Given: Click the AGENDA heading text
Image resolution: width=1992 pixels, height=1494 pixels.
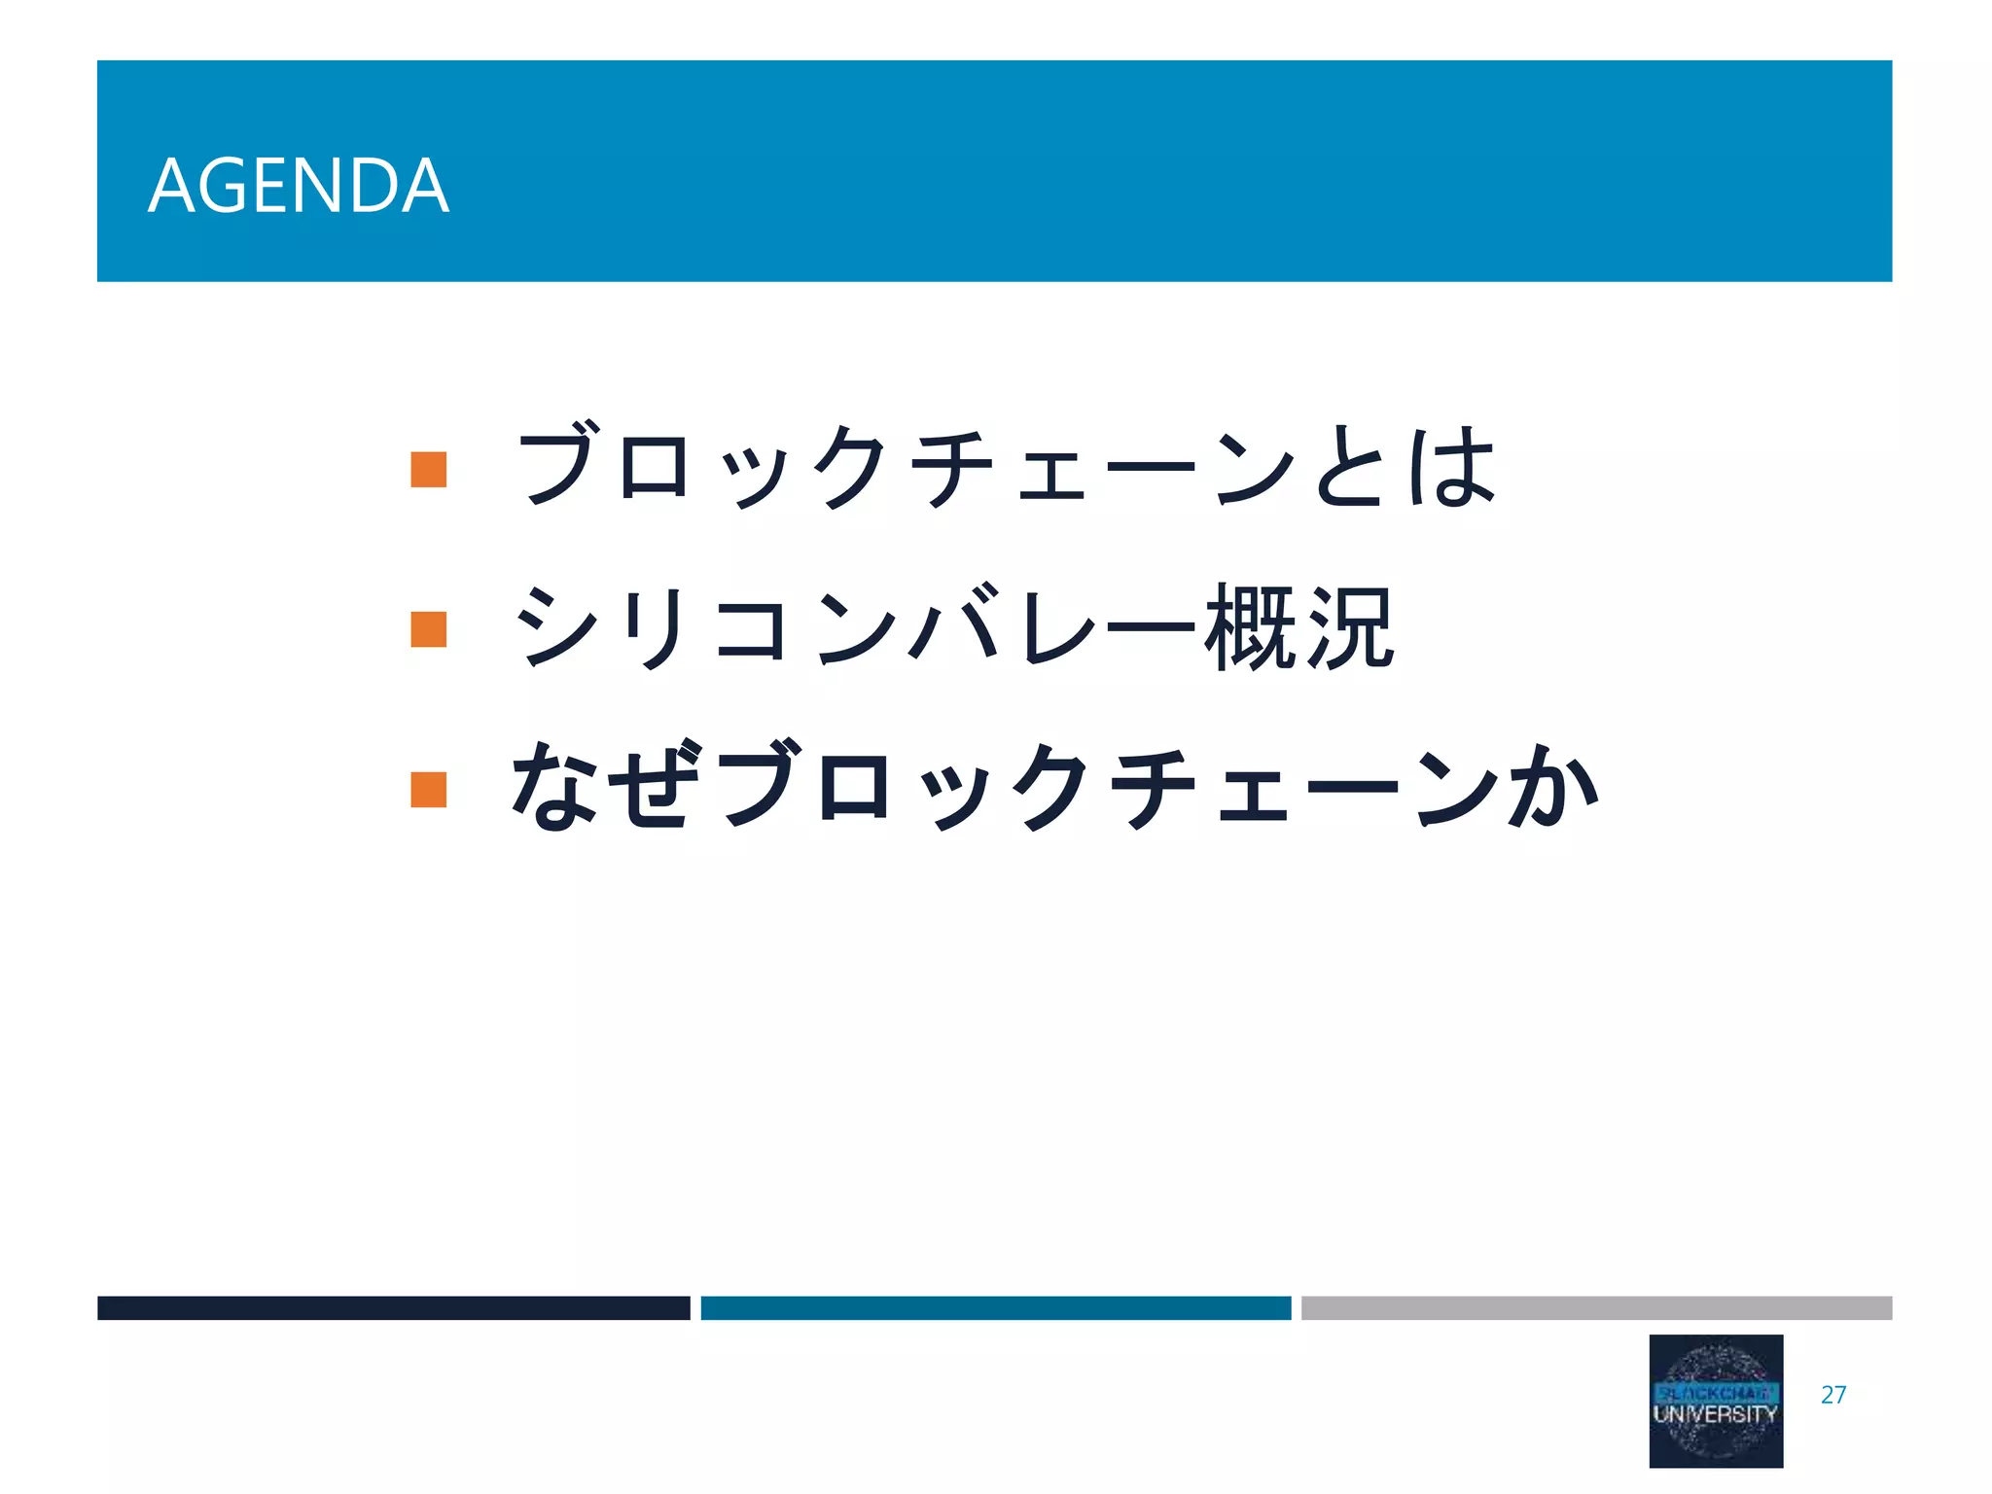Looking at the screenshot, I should (299, 186).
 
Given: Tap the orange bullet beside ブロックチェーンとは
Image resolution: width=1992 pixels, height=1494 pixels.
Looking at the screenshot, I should (428, 469).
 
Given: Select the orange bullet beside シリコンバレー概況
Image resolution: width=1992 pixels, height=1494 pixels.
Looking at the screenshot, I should (428, 628).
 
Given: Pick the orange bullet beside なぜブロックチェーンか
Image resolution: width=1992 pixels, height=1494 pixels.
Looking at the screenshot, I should (428, 789).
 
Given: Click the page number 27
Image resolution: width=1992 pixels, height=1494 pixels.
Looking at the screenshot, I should (1833, 1395).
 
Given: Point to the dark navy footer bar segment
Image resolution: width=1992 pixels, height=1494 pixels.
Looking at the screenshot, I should (393, 1307).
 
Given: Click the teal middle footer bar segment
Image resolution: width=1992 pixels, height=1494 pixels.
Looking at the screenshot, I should (995, 1307).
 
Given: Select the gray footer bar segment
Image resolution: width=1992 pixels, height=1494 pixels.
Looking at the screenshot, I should (1596, 1307).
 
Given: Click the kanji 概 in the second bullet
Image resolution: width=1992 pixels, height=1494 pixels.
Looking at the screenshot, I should (1250, 628).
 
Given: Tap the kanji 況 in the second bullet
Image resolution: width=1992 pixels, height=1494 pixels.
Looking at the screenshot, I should (1350, 628).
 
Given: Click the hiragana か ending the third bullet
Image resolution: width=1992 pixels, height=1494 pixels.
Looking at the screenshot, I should (1553, 786).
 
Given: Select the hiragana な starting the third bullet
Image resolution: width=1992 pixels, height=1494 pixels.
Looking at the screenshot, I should (555, 786).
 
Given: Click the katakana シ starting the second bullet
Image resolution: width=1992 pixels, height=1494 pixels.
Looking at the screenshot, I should (555, 628).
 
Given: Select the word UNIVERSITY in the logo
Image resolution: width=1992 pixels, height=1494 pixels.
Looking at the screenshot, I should (1715, 1414).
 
